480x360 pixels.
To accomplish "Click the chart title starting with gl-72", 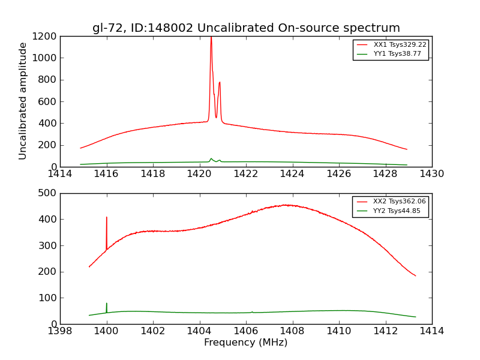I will point(246,28).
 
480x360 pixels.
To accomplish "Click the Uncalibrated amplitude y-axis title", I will point(23,101).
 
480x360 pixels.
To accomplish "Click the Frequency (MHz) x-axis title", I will point(246,343).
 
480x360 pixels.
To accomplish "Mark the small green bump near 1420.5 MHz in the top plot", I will point(211,159).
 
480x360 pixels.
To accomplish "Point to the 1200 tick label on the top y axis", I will point(46,37).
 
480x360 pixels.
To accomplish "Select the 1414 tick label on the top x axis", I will point(60,174).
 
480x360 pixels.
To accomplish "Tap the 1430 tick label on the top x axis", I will point(432,174).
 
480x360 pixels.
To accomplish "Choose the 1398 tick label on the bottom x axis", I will point(60,331).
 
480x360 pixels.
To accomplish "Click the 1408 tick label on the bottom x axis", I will point(292,331).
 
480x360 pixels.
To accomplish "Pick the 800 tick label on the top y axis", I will point(49,80).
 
